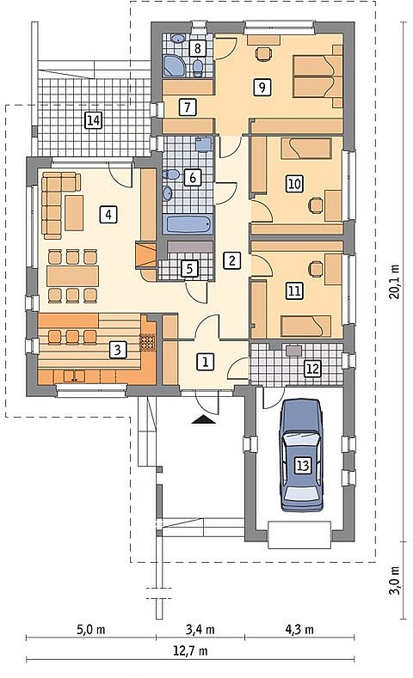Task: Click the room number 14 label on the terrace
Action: coord(93,119)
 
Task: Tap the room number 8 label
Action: coord(197,47)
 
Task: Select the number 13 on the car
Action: coord(303,465)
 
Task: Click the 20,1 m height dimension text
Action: coord(394,281)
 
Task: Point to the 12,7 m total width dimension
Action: coord(190,651)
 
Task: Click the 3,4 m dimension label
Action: coord(200,629)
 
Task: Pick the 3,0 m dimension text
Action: coord(394,580)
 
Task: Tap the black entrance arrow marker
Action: coord(202,419)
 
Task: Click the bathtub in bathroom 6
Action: coord(188,225)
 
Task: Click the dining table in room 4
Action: coord(73,275)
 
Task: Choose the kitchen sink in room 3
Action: coord(75,376)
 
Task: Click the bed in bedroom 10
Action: coord(305,149)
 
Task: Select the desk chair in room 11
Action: coord(317,269)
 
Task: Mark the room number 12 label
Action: coord(312,369)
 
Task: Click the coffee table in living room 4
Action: coord(74,213)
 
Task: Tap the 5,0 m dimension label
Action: coord(91,629)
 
